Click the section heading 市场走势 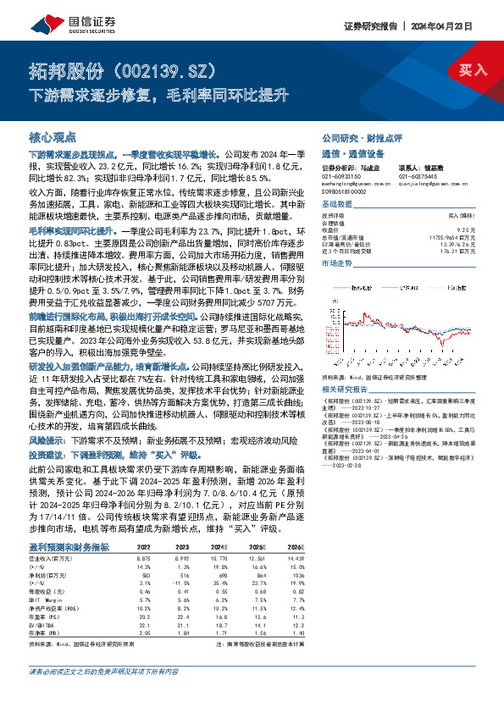(336, 264)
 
